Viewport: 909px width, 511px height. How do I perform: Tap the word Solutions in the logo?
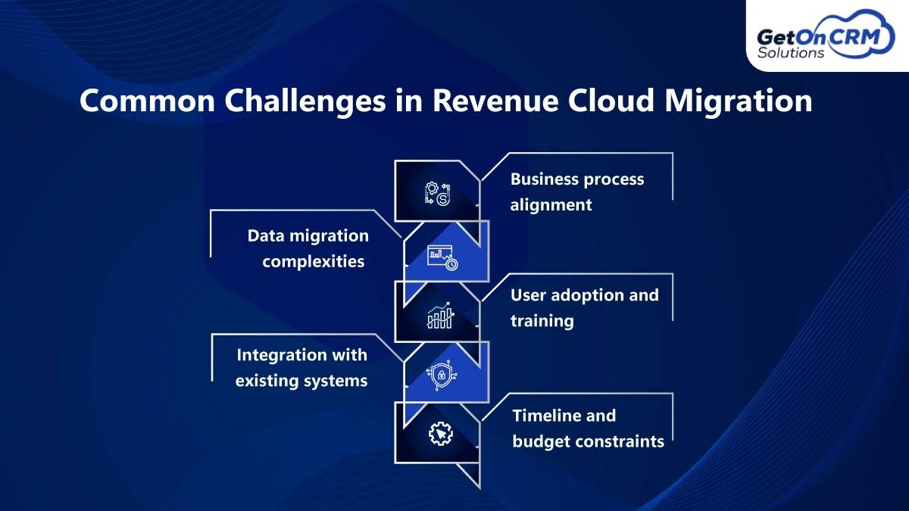pyautogui.click(x=791, y=53)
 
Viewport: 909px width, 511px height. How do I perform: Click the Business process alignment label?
pyautogui.click(x=577, y=192)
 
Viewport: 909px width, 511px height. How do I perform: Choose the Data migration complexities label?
pyautogui.click(x=308, y=248)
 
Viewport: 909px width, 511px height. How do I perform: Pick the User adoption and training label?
pyautogui.click(x=584, y=307)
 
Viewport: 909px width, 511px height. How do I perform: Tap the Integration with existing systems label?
pyautogui.click(x=301, y=367)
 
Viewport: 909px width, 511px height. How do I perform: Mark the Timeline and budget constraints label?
pyautogui.click(x=588, y=428)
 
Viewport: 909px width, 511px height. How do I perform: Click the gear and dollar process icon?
pyautogui.click(x=437, y=193)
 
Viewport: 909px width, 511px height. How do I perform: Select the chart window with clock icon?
pyautogui.click(x=442, y=257)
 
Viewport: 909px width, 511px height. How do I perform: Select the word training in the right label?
pyautogui.click(x=542, y=320)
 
